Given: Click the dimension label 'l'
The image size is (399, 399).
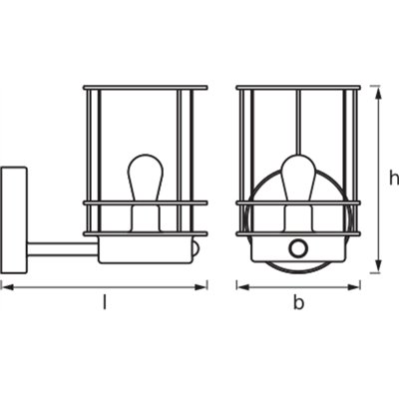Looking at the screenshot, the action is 105,302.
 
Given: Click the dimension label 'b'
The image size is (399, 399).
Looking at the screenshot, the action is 298,302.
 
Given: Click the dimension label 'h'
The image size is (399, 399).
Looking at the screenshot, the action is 394,179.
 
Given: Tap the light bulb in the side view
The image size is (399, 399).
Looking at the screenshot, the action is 146,178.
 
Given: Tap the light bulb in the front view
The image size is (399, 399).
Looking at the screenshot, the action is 298,178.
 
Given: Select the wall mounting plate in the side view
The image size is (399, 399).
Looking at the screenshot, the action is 14,220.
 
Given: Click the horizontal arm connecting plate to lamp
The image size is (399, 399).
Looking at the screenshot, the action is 63,249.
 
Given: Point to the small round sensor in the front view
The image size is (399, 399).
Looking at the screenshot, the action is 297,248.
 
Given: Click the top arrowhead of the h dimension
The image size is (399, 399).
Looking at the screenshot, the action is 378,92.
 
